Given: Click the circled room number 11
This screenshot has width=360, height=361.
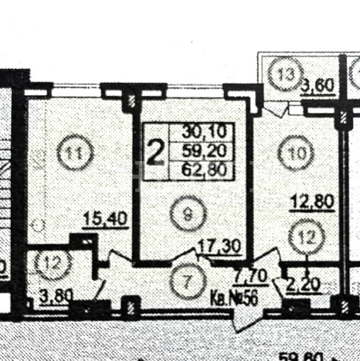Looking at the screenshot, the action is coord(75,153).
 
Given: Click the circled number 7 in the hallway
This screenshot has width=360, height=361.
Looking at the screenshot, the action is coord(187,281).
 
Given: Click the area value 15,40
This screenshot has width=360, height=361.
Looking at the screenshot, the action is coord(106,220).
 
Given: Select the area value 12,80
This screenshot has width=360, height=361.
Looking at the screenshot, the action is coord(312,202).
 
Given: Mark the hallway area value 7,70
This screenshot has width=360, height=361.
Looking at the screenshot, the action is coord(252,276).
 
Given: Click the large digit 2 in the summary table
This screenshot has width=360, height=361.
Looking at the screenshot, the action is coord(155,152).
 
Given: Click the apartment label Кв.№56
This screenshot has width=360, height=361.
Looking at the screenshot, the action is coord(234,299).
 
